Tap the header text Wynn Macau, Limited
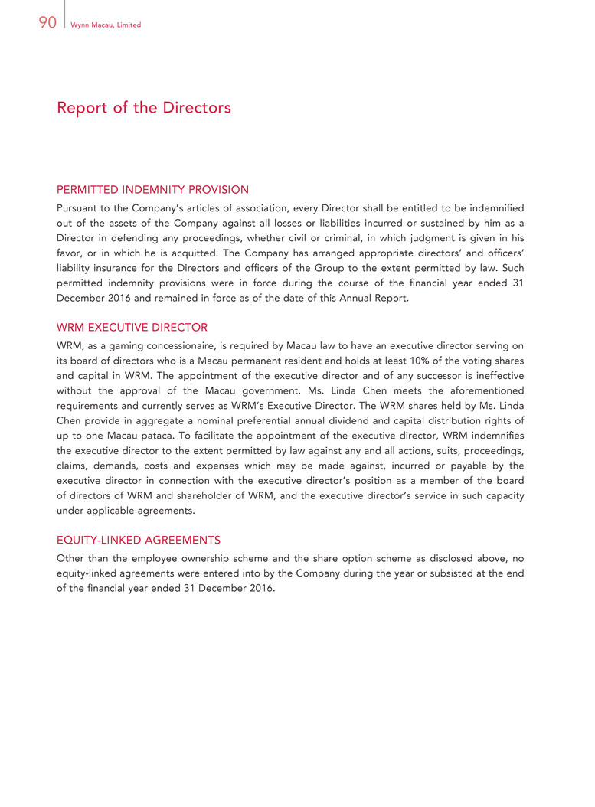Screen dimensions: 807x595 [x=105, y=25]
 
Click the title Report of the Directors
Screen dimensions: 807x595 [x=143, y=108]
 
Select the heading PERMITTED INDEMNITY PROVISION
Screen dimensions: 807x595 [x=152, y=189]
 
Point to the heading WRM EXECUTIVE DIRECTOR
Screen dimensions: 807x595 [x=132, y=327]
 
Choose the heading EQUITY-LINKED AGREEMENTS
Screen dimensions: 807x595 [x=139, y=540]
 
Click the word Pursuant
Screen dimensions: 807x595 [x=79, y=207]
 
